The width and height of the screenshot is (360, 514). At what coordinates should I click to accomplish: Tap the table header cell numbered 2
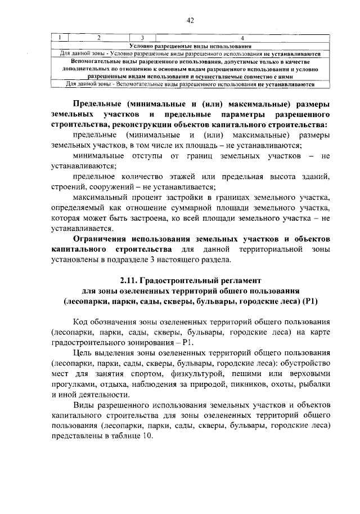click(98, 38)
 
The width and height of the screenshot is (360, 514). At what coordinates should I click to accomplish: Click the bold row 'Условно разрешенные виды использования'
click(190, 46)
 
